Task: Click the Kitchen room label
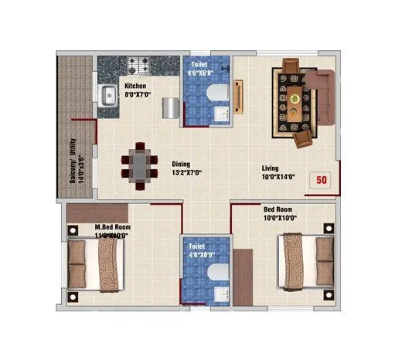point(135,86)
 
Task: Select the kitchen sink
point(107,95)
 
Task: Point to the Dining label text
point(181,163)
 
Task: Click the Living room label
point(270,168)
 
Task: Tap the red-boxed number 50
point(322,180)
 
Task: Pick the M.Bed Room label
point(112,227)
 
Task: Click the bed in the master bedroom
point(93,261)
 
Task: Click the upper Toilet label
point(200,64)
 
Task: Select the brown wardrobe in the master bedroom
point(97,212)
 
